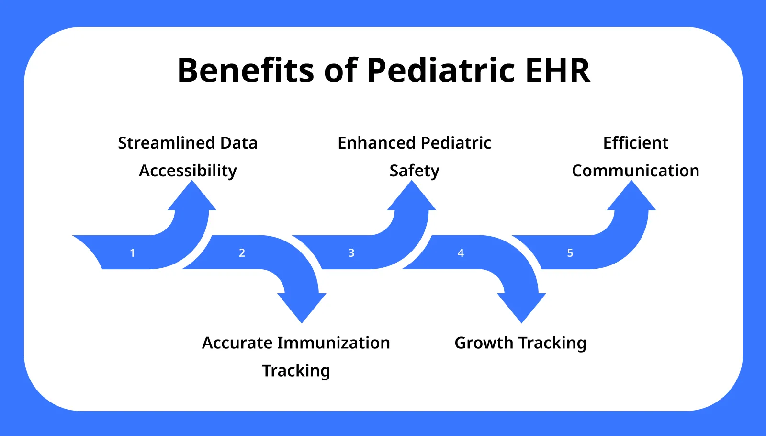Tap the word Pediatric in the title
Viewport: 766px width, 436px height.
click(x=440, y=71)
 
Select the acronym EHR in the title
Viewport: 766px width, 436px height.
click(x=558, y=71)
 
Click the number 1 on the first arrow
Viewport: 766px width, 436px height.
click(x=133, y=253)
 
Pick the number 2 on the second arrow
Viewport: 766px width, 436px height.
click(x=242, y=253)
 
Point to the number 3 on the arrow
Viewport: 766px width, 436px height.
click(x=351, y=253)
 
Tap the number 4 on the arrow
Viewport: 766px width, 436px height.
click(x=461, y=253)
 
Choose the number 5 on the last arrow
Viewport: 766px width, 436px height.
click(x=570, y=253)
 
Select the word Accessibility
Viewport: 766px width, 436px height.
click(x=188, y=171)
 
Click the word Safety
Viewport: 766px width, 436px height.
click(x=414, y=171)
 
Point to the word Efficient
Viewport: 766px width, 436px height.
click(x=635, y=143)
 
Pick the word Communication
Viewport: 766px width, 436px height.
click(x=635, y=171)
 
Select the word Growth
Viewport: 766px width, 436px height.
click(x=484, y=343)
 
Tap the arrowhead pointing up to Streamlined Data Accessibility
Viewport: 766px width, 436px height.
click(x=192, y=197)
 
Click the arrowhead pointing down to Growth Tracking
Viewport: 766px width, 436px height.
click(x=521, y=307)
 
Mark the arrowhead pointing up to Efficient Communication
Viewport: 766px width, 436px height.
click(x=631, y=197)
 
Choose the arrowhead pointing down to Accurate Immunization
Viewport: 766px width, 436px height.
click(x=302, y=307)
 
